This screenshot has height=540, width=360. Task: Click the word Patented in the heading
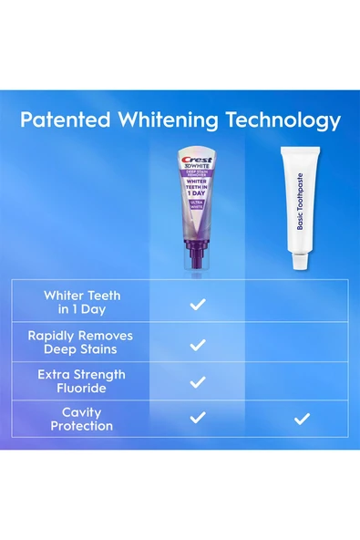pyautogui.click(x=66, y=120)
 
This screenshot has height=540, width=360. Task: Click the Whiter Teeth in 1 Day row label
pyautogui.click(x=82, y=302)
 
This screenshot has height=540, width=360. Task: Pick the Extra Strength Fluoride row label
pyautogui.click(x=82, y=380)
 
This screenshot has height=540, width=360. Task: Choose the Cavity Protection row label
pyautogui.click(x=82, y=419)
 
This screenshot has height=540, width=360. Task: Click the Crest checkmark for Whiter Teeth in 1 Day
pyautogui.click(x=198, y=303)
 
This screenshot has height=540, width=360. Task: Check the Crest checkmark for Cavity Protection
pyautogui.click(x=198, y=419)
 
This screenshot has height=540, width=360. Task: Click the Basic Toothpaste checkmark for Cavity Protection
pyautogui.click(x=303, y=419)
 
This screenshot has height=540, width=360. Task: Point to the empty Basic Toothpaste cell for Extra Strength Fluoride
pyautogui.click(x=303, y=380)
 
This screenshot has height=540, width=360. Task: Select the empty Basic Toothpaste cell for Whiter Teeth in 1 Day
pyautogui.click(x=303, y=302)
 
